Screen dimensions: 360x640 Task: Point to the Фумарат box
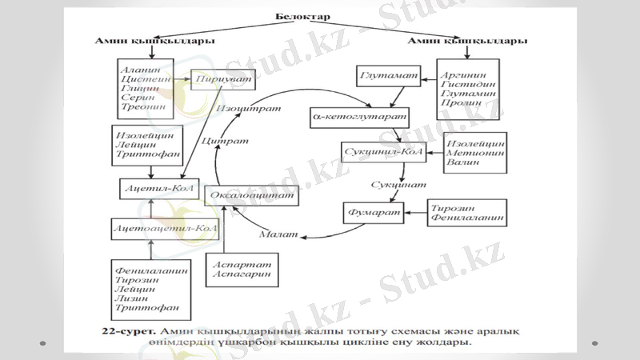(x=373, y=214)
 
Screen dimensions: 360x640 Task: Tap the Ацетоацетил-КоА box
(x=165, y=228)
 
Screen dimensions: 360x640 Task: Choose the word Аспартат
(x=242, y=264)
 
